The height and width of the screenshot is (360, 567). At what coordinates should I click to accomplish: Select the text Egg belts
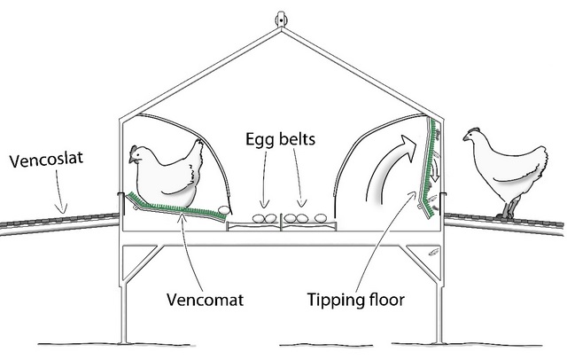pos(281,140)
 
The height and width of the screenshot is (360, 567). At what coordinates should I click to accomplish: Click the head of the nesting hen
pos(138,155)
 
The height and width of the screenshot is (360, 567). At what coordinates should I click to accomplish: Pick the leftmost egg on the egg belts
pos(257,217)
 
